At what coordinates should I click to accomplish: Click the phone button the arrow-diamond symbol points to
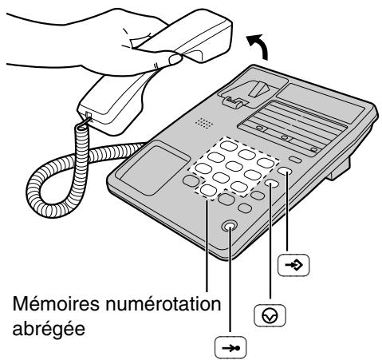click(286, 172)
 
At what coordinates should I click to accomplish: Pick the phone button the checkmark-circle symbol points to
click(274, 184)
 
